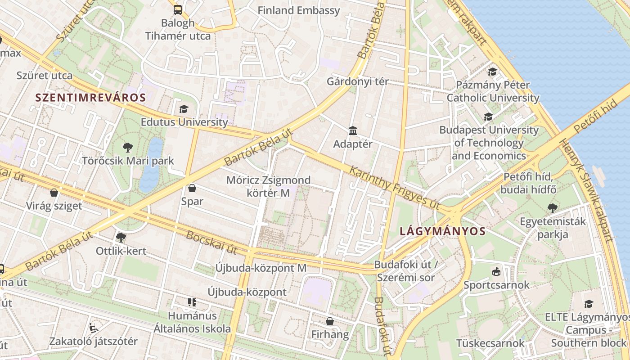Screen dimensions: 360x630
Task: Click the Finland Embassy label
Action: (298, 10)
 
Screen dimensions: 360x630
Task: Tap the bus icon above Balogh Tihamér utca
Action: (178, 9)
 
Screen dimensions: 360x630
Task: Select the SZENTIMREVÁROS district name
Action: (90, 98)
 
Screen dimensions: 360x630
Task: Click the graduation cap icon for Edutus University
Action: (184, 109)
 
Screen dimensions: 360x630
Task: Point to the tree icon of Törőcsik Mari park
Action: (127, 147)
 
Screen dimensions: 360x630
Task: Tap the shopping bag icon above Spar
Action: (192, 188)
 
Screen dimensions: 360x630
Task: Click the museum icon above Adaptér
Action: (353, 131)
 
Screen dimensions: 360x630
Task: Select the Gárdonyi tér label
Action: (358, 82)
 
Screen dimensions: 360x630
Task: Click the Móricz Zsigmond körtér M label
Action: (268, 186)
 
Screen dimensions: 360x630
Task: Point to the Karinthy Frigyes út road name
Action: (394, 187)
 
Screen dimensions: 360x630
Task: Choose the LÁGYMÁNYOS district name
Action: (443, 232)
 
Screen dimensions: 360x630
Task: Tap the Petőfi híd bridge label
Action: (595, 116)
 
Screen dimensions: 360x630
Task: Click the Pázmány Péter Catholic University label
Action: (493, 91)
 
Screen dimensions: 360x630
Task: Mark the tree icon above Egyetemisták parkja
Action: (553, 208)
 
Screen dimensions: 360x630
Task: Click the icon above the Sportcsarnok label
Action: (496, 271)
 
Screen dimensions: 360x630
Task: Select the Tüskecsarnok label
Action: (490, 343)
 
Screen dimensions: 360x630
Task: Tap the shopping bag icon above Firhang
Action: (330, 321)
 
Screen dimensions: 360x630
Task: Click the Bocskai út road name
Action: (211, 242)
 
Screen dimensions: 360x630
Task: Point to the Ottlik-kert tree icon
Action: (121, 237)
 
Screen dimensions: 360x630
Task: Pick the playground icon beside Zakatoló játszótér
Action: (94, 328)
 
